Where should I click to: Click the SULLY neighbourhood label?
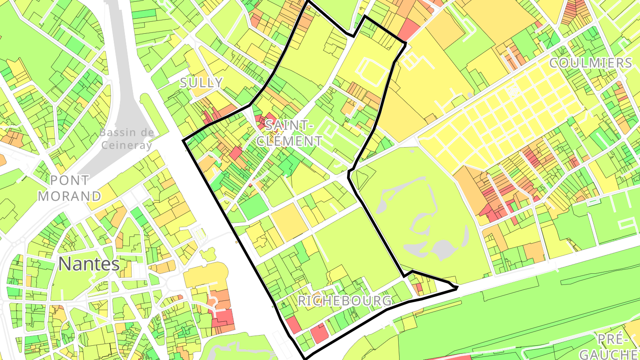(x=201, y=82)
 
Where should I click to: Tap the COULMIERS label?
(x=590, y=63)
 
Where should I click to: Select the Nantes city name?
(x=89, y=264)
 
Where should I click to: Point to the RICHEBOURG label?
(x=345, y=301)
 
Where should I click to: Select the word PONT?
(x=69, y=180)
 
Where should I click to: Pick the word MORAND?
(x=69, y=196)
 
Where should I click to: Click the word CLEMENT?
(x=290, y=141)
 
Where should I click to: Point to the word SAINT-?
(x=289, y=126)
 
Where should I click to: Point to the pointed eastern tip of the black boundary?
(x=457, y=288)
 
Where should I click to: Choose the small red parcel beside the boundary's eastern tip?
(x=418, y=288)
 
